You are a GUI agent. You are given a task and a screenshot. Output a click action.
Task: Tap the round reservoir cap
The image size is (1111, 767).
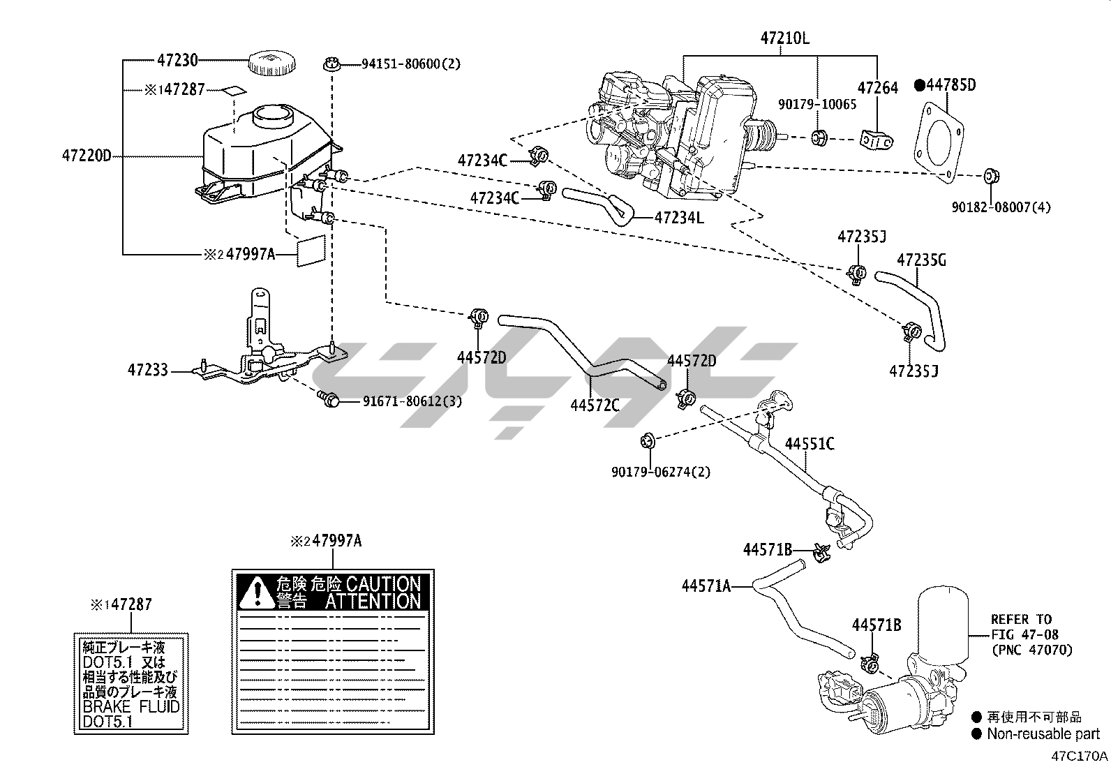tap(269, 63)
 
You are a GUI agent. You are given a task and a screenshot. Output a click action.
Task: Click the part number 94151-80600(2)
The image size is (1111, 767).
tap(411, 64)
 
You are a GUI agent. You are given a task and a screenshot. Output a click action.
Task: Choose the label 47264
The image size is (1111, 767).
tap(877, 88)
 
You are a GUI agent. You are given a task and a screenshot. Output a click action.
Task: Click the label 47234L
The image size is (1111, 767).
tap(679, 218)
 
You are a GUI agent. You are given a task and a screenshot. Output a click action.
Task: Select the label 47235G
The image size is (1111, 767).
tap(921, 260)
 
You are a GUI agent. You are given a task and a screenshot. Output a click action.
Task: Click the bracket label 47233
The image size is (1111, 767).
tap(147, 371)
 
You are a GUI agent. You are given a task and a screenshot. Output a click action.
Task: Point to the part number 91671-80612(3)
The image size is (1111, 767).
tap(412, 401)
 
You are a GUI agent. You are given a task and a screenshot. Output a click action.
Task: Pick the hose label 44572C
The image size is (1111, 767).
tap(595, 404)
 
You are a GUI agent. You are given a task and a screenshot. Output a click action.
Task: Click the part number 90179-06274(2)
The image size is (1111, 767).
tap(661, 472)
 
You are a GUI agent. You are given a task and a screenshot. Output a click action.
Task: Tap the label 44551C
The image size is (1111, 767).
tap(810, 444)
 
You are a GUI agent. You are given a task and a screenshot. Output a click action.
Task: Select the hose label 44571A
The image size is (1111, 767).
tap(706, 586)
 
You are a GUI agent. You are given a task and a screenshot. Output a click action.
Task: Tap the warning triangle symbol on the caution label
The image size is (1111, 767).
tap(257, 592)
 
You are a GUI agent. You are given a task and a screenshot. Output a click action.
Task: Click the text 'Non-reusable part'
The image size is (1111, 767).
tap(1043, 734)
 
